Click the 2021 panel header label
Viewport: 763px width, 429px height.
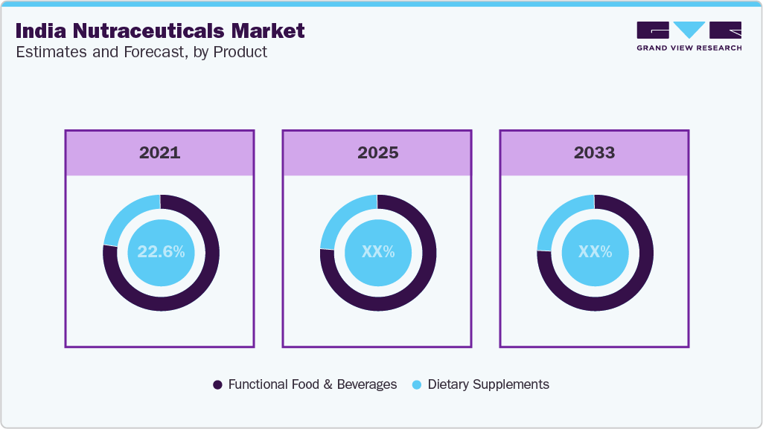159,153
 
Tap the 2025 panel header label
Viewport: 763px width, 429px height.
377,153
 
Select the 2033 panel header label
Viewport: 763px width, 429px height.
594,153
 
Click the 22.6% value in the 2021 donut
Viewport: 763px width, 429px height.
161,252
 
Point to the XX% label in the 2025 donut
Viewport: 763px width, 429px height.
377,252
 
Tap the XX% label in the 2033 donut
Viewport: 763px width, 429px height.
595,252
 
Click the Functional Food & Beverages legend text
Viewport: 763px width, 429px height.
312,384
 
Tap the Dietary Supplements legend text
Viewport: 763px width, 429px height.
488,384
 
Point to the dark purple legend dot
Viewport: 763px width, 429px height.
217,384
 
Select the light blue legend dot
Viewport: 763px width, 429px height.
417,384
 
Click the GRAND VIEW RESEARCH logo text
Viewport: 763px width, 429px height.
689,48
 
